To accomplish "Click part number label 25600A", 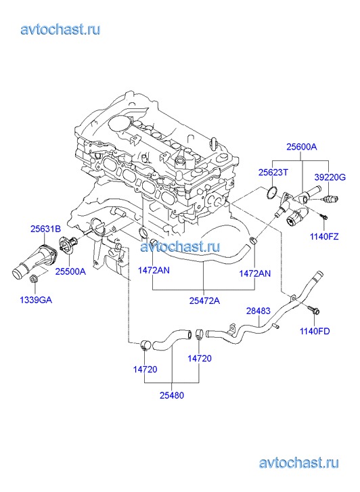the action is point(301,147).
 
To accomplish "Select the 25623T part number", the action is point(273,173).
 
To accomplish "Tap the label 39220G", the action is point(330,177).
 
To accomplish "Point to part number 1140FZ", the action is point(324,236).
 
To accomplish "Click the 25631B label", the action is point(45,229).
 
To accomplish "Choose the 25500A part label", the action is point(70,271).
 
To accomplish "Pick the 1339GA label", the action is point(36,300).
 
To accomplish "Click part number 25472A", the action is point(204,300).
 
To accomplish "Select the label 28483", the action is point(258,311).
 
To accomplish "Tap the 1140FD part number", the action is point(315,331).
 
